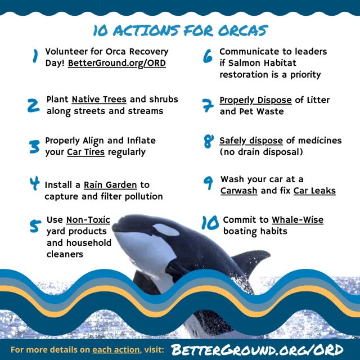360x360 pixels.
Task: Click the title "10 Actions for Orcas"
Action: [181, 30]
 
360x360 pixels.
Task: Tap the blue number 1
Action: [35, 56]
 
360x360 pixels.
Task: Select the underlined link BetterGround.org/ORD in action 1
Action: [117, 63]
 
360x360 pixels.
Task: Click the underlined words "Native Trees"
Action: [99, 100]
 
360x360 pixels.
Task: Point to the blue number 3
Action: [34, 146]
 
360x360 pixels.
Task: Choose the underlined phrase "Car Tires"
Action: [85, 152]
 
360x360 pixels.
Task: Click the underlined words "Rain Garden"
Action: [110, 185]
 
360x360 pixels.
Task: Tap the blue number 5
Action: [35, 226]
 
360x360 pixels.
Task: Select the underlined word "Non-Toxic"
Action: [88, 220]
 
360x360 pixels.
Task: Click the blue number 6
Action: [208, 56]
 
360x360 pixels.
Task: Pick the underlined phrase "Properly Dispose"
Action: [255, 100]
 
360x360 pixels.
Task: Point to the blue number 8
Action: [209, 141]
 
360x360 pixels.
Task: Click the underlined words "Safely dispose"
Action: [251, 141]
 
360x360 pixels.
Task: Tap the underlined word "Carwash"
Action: [238, 191]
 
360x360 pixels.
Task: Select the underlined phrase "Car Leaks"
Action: [314, 191]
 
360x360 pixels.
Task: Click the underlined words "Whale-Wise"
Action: [298, 220]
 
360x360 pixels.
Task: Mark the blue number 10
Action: [210, 223]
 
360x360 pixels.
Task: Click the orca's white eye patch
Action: [166, 230]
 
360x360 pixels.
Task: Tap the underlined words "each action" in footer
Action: [116, 350]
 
